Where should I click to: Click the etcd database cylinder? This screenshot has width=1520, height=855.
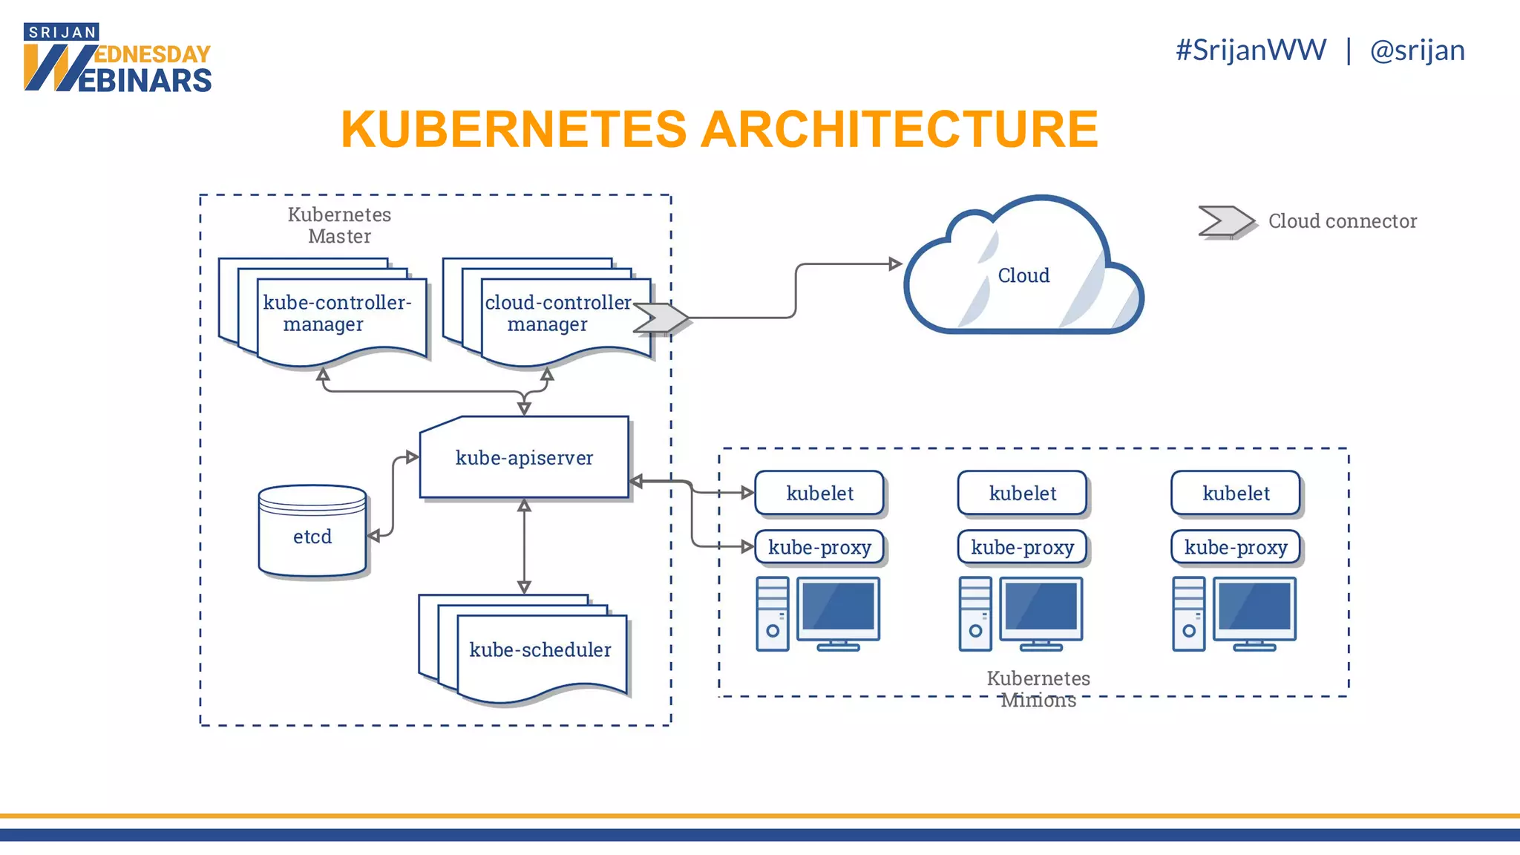[x=312, y=532]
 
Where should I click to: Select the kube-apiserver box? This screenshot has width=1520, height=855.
[x=524, y=457]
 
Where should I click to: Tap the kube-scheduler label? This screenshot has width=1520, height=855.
[x=540, y=649]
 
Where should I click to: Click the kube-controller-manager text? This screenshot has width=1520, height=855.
[x=336, y=312]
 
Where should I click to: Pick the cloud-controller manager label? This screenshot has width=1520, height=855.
[x=557, y=312]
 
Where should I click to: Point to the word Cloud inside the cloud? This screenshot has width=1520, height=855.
[x=1023, y=275]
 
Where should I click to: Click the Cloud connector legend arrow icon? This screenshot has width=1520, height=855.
[x=1225, y=221]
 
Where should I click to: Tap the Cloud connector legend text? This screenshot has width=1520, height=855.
[x=1342, y=221]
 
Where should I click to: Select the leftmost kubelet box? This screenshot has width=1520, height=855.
[x=819, y=493]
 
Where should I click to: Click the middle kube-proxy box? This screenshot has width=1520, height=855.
[x=1022, y=547]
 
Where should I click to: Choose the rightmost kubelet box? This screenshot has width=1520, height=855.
[x=1236, y=493]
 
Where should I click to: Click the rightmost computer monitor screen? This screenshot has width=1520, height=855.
[x=1254, y=607]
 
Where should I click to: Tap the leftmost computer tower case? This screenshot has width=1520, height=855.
[x=772, y=614]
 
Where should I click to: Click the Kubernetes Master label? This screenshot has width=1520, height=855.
[x=339, y=225]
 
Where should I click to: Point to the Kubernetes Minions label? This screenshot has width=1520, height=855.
[x=1038, y=689]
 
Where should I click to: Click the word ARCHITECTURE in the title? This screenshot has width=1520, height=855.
[x=899, y=129]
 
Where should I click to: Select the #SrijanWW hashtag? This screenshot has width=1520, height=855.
[x=1251, y=50]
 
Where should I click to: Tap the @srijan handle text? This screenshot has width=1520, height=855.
[x=1417, y=50]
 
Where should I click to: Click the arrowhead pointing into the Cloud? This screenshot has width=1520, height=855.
[x=895, y=263]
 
